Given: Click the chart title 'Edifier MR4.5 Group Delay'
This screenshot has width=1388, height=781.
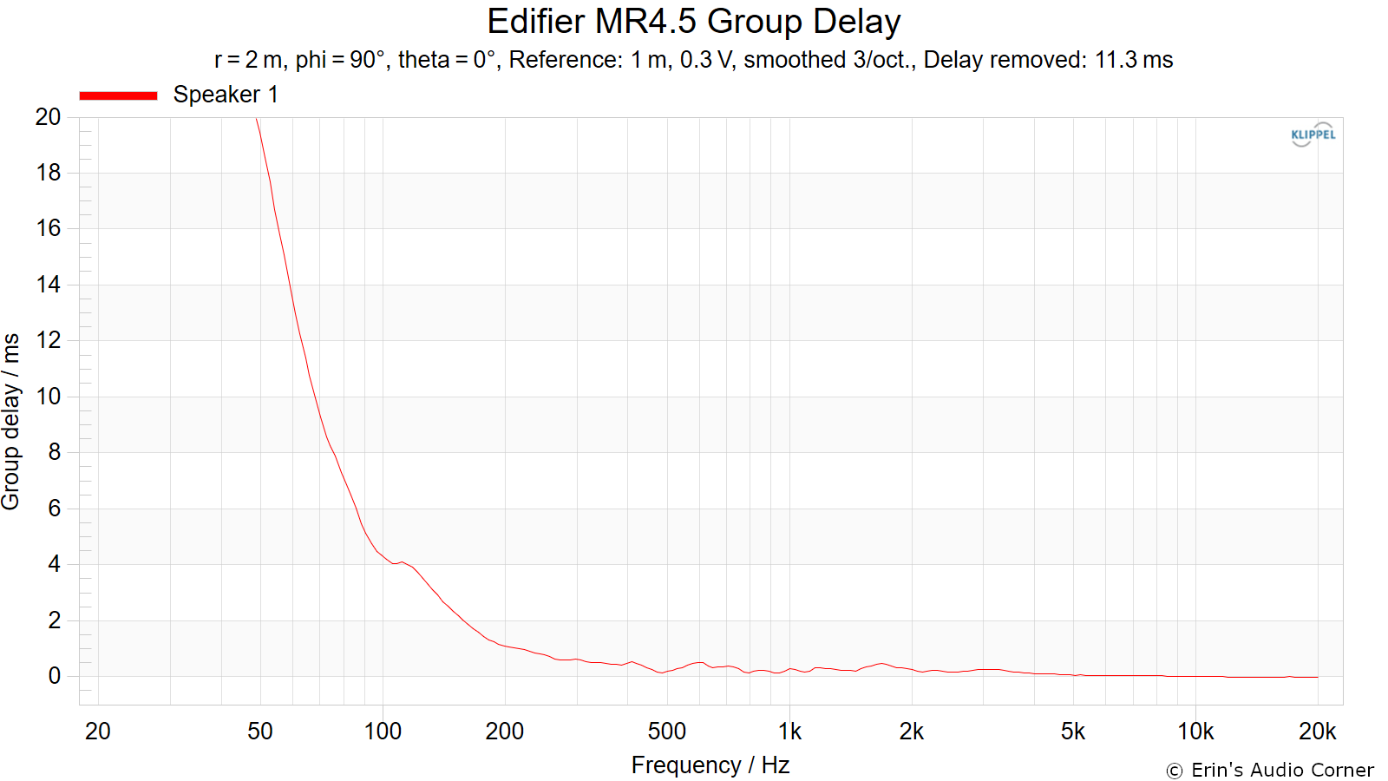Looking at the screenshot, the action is [693, 22].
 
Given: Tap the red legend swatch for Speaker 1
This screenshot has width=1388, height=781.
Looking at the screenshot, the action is [118, 95].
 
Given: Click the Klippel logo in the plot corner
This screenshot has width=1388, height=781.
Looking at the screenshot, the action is [1313, 135].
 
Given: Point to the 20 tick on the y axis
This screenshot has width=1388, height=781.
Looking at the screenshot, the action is [48, 116].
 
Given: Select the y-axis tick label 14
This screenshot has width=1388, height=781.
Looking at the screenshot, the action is [49, 285].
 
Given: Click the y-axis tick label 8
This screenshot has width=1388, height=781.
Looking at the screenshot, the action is [55, 452].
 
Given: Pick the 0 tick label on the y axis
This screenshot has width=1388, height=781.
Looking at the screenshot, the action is [55, 676].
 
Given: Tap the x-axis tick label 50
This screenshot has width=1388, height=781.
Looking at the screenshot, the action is [259, 732].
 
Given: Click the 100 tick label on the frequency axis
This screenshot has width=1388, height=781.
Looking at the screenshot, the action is [383, 732].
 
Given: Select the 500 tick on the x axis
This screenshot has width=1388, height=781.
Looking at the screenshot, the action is [667, 732].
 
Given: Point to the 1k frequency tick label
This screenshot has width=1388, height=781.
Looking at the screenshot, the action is [789, 732].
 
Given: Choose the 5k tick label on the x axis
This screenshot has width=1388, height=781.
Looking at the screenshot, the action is [1072, 732].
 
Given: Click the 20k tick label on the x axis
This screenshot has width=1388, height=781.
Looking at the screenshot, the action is [1318, 732].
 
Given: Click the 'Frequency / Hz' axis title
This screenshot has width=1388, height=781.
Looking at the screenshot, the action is [710, 765].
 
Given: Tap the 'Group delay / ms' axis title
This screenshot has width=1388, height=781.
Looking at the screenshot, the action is [11, 422].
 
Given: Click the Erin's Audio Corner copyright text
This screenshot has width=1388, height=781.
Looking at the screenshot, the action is [1270, 770].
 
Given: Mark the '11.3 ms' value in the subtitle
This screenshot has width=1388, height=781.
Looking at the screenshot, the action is [1134, 60].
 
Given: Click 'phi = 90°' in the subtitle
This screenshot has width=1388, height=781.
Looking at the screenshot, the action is [340, 60].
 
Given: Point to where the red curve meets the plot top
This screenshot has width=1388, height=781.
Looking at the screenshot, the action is [257, 118].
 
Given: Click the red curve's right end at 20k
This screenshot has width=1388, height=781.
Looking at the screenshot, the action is [1318, 677].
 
